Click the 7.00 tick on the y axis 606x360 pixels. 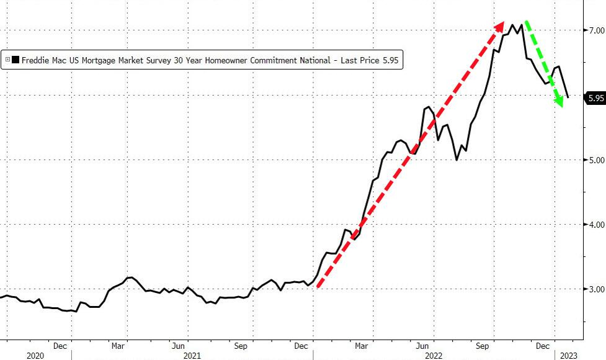coord(595,30)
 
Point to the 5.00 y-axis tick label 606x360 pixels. coord(595,160)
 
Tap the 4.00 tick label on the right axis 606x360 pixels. coord(595,225)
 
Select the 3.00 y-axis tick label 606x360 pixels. coord(595,289)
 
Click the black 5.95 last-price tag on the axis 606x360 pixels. coord(595,98)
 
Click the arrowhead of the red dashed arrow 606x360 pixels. coord(501,25)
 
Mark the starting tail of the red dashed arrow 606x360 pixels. coord(318,286)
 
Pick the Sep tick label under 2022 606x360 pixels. coord(482,345)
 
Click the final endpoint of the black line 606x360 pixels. coord(568,97)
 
